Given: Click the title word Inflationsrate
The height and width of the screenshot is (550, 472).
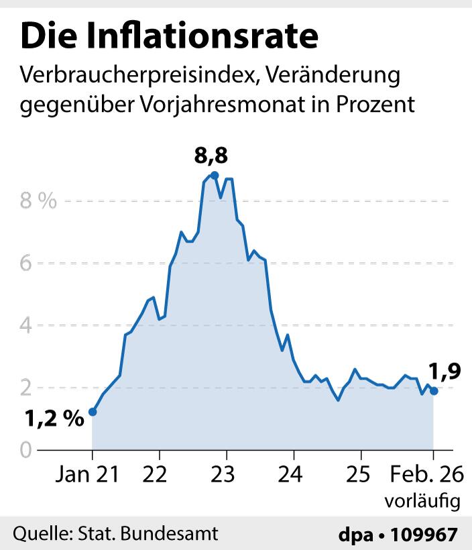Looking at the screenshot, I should point(213,37).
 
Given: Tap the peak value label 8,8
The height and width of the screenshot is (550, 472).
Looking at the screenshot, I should point(211,157).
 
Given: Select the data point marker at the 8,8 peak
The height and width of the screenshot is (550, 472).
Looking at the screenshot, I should point(214,175).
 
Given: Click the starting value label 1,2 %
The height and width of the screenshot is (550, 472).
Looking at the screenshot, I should point(54,420).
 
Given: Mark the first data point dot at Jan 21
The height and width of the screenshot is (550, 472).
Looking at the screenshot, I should point(93,412).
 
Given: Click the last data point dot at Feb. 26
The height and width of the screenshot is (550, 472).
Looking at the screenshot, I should point(433,391).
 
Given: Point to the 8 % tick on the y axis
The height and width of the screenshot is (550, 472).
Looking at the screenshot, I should point(38,201).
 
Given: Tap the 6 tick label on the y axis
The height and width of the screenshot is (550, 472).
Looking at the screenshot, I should point(26,264).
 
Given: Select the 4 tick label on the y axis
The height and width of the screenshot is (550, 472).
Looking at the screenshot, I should point(26,325).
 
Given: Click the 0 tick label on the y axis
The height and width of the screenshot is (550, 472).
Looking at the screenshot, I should point(25,449).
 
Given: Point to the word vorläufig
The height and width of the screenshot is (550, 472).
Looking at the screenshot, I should point(422,500).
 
